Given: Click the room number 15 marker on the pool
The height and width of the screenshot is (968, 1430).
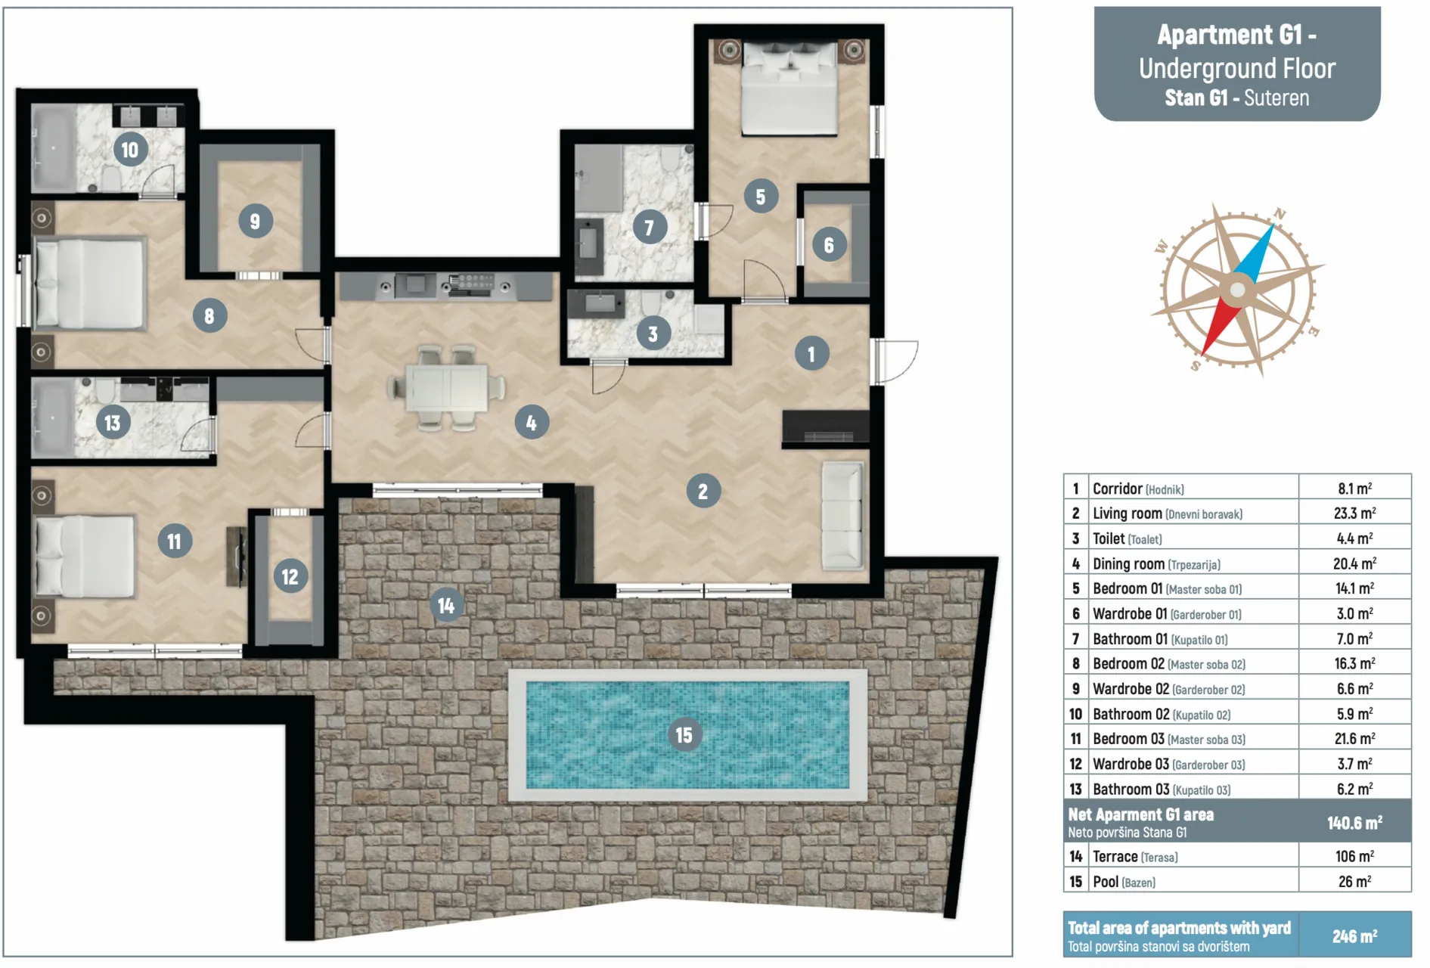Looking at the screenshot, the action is point(684,734).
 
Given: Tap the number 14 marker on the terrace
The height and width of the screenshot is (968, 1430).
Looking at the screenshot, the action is point(446,605).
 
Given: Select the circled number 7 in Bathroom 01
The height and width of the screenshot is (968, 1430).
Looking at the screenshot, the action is point(649,227).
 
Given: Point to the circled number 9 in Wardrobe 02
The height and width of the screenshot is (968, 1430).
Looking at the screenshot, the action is point(255,222).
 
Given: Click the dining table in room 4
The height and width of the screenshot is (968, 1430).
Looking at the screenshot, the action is point(446,388).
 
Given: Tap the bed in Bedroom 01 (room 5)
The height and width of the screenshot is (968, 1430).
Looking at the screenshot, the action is point(789,88).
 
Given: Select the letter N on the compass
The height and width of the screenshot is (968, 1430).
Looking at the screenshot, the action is point(1280,214).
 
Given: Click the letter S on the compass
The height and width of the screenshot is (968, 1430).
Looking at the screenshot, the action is point(1196,366).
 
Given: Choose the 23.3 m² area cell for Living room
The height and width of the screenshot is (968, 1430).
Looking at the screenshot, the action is point(1354,513).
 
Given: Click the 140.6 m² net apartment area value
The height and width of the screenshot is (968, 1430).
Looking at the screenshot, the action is point(1354,822).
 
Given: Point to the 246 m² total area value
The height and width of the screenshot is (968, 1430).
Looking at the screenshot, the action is point(1354,936).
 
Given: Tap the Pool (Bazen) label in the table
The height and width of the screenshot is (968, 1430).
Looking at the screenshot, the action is point(1124,882).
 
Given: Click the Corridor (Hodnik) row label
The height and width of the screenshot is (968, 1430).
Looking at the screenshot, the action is point(1138,489).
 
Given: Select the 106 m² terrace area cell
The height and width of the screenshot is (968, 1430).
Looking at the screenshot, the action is point(1354,856).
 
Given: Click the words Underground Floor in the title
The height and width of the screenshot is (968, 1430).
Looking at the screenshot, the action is point(1237,69).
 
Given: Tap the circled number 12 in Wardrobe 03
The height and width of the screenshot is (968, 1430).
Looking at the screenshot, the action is point(290,577).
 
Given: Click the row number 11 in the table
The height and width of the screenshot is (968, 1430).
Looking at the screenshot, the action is point(1075,739).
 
